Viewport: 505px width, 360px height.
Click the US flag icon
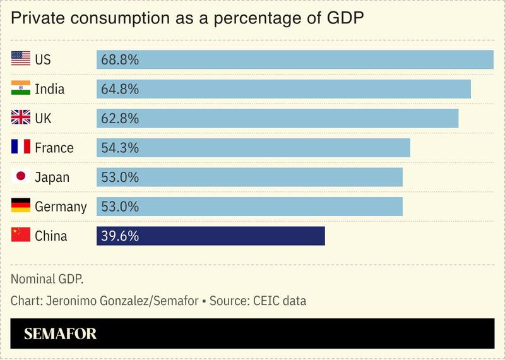tap(21, 59)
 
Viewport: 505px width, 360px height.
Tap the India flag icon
tap(21, 89)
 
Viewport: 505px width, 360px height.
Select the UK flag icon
tap(21, 118)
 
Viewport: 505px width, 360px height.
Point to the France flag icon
tap(21, 148)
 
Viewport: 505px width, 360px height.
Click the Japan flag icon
tap(21, 177)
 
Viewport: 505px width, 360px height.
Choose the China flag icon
tap(21, 236)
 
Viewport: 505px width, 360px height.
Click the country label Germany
tap(61, 207)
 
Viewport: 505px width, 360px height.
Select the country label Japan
tap(52, 177)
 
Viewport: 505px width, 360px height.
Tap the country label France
tap(54, 148)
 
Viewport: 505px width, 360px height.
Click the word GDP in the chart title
tap(345, 19)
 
